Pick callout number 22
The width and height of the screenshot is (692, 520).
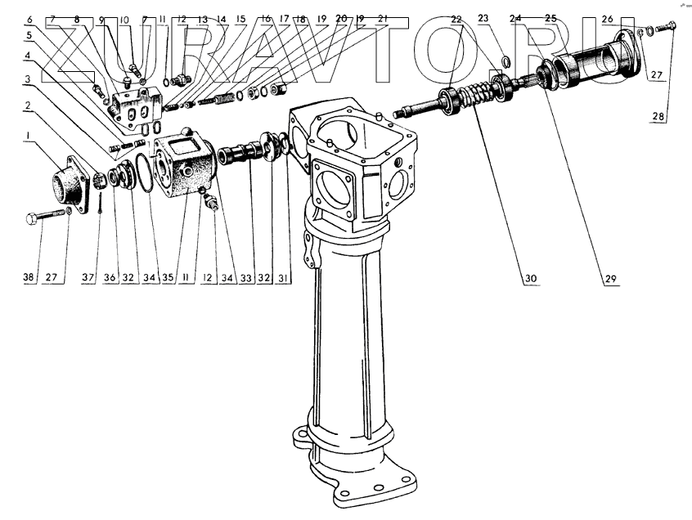point(456,18)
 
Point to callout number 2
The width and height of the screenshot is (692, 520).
point(29,106)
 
